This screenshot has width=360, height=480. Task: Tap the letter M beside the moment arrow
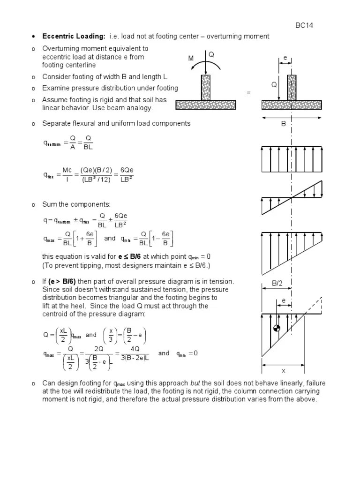tap(191, 59)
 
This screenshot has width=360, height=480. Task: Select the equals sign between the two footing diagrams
tap(249, 94)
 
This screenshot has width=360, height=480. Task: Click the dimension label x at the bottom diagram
tap(283, 371)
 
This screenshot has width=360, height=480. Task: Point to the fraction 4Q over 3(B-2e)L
tap(134, 354)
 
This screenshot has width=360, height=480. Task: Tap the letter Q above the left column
tap(211, 54)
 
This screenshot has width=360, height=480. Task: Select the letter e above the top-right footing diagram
tap(285, 58)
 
